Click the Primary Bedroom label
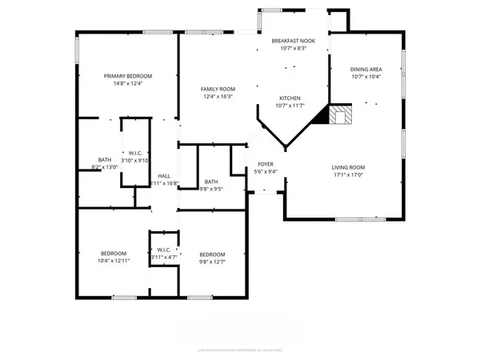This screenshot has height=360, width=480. [x=128, y=76]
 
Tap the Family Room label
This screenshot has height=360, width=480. [x=217, y=89]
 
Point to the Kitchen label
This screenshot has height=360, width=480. [x=290, y=98]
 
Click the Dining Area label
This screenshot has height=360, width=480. [x=366, y=70]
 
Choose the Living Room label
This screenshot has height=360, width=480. [x=348, y=167]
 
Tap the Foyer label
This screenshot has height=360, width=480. [x=265, y=163]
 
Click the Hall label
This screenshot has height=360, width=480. [x=164, y=176]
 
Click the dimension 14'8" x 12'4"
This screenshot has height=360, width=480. [x=128, y=83]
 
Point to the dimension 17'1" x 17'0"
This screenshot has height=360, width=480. [x=348, y=174]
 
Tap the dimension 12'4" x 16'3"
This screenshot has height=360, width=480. [x=217, y=96]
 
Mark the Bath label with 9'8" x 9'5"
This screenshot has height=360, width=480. [x=211, y=182]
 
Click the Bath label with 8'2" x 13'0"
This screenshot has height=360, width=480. [x=105, y=160]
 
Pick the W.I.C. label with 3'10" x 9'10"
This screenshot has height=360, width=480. [x=134, y=152]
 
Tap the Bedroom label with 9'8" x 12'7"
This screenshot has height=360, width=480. [x=212, y=254]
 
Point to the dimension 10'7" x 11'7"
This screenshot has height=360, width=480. [x=290, y=105]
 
